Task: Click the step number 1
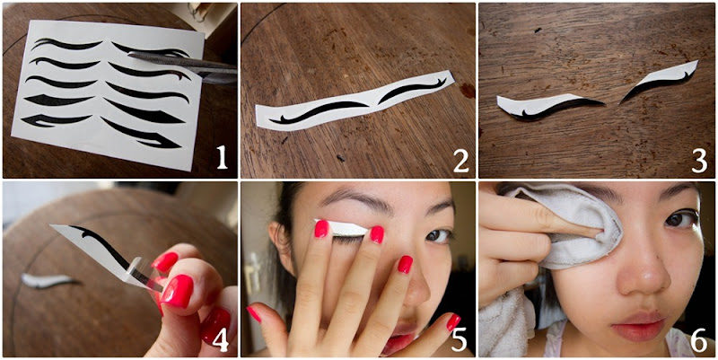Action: [x=222, y=158]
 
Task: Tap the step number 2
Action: [x=461, y=160]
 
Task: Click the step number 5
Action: [x=459, y=339]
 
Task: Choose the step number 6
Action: [x=699, y=339]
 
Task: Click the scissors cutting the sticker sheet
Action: [x=183, y=66]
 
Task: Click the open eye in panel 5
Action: [x=437, y=235]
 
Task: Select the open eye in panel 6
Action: [x=681, y=218]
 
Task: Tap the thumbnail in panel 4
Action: [x=177, y=291]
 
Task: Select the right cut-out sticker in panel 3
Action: [x=660, y=81]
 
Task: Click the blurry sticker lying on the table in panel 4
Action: [x=49, y=280]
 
